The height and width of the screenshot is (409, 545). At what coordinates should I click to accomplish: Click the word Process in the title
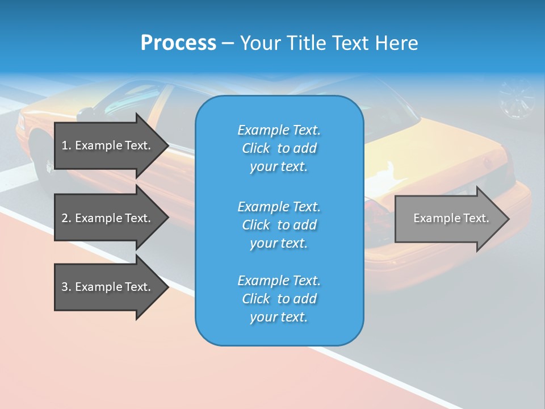(x=178, y=43)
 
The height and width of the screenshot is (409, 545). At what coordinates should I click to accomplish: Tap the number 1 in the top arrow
(x=65, y=145)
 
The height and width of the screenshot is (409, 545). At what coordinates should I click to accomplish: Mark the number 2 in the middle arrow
(x=65, y=218)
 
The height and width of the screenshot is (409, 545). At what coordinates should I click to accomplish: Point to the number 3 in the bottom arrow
(x=65, y=287)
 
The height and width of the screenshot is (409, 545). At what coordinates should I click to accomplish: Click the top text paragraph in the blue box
(x=279, y=148)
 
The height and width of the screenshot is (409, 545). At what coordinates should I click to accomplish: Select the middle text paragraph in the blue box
(x=279, y=225)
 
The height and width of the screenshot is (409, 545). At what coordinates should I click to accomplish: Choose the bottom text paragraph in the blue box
(x=279, y=299)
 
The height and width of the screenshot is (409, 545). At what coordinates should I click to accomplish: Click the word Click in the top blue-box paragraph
(x=255, y=149)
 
